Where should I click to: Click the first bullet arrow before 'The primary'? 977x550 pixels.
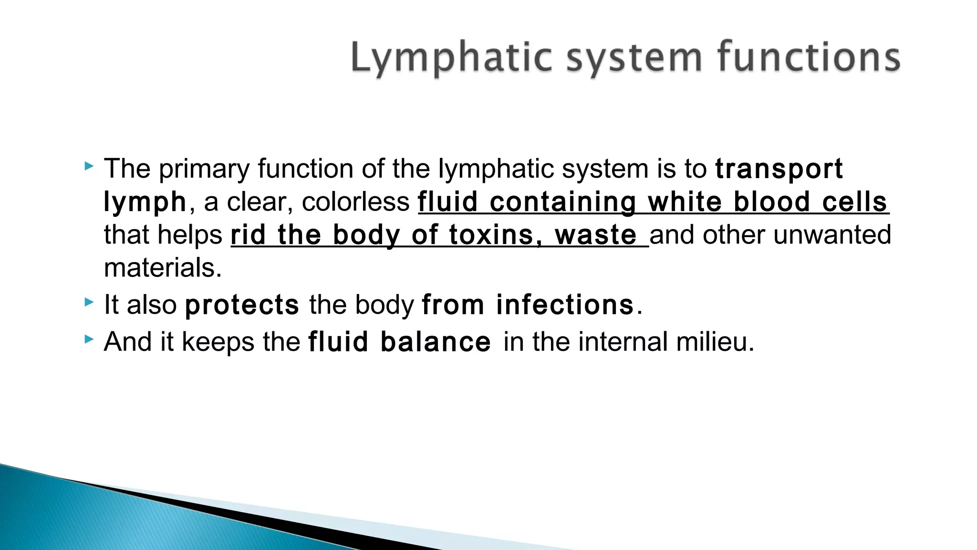click(x=89, y=167)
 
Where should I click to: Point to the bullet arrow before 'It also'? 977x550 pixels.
click(x=89, y=302)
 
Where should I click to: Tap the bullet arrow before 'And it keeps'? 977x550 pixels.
click(x=89, y=339)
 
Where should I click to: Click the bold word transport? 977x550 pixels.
click(x=779, y=169)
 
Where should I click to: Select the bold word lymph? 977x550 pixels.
click(x=145, y=202)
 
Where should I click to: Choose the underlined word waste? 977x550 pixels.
click(x=596, y=235)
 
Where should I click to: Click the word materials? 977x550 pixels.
click(x=163, y=268)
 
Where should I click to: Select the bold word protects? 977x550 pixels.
click(x=242, y=305)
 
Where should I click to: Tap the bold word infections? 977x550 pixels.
click(x=565, y=305)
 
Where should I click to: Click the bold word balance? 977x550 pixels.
click(x=436, y=342)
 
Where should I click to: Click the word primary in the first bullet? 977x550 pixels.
click(x=204, y=169)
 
